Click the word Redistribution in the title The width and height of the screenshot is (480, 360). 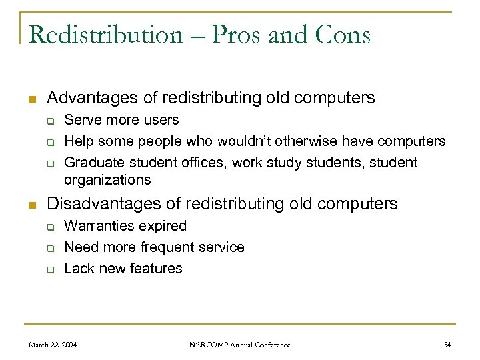click(105, 34)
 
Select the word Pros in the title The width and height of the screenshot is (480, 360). click(236, 34)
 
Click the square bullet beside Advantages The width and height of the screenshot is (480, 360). click(31, 99)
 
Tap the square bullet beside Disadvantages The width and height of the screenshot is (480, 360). click(31, 205)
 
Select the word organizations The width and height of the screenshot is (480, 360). click(107, 180)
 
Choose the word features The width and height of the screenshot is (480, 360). click(157, 269)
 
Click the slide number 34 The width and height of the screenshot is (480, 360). click(447, 345)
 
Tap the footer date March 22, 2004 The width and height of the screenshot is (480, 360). click(53, 345)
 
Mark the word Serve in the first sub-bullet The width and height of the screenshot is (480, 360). click(79, 120)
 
